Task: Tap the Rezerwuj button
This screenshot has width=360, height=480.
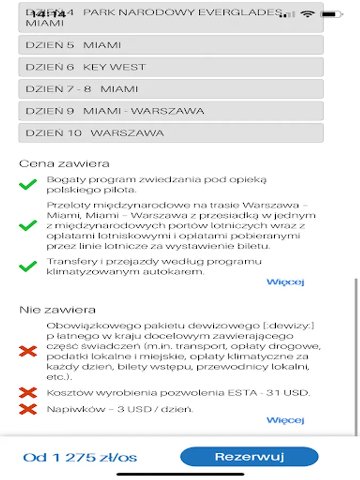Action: pos(249,457)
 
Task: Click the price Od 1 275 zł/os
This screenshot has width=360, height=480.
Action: pos(80,457)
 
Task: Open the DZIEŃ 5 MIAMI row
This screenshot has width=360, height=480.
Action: pos(171,45)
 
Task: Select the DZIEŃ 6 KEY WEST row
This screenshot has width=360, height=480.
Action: pos(171,67)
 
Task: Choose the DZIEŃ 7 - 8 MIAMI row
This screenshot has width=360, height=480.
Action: pos(171,89)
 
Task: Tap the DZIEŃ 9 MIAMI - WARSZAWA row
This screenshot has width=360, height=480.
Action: pos(171,111)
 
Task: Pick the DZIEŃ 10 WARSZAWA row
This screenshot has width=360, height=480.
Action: pos(171,133)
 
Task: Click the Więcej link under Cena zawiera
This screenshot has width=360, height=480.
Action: pos(285,282)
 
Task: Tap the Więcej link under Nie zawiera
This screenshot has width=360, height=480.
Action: pos(285,420)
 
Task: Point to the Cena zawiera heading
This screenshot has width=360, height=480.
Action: pos(64,164)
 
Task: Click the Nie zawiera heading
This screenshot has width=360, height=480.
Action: pos(58,309)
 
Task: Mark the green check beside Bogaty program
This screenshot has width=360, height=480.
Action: pos(28,185)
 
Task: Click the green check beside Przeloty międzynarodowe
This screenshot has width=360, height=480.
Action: pos(28,226)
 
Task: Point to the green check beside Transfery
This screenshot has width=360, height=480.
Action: pos(28,266)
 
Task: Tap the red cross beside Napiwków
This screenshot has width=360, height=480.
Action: pos(28,409)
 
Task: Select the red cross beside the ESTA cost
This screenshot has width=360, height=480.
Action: pos(28,393)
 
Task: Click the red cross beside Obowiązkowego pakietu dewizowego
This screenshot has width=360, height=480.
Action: pos(28,351)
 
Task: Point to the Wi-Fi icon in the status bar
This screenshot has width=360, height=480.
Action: pos(307,13)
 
